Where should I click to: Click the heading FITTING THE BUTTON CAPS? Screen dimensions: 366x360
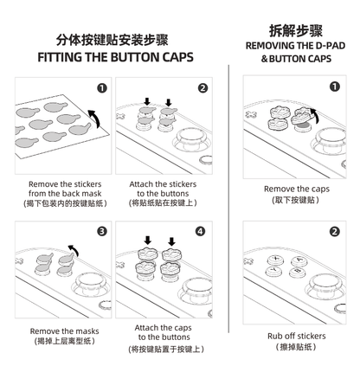115,58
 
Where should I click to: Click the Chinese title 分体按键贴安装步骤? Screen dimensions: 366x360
115,39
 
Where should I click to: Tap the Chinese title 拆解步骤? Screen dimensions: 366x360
295,29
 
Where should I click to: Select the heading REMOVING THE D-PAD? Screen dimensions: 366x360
295,45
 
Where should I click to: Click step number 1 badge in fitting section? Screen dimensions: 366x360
102,88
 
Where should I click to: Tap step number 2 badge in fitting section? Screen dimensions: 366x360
202,88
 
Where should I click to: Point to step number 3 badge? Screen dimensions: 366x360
102,231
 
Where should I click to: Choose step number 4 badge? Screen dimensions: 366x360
202,231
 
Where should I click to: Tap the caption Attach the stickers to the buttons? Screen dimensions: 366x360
163,189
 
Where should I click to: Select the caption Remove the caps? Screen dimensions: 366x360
295,188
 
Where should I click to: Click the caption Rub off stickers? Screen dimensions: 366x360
295,335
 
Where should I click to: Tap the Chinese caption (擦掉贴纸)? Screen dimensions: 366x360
295,347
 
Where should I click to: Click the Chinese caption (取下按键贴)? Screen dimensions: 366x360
295,200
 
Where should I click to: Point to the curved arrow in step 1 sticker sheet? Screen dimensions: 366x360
93,117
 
